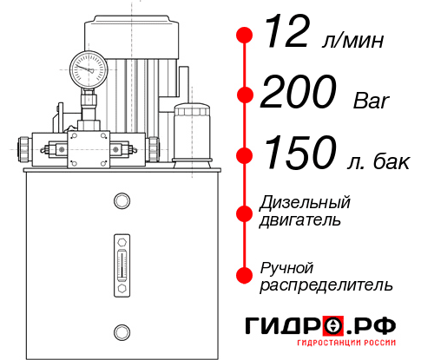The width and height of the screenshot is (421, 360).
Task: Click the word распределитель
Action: point(326,285)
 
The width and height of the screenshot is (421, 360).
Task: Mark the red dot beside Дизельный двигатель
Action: point(245,211)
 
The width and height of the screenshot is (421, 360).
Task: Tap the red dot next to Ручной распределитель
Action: point(245,275)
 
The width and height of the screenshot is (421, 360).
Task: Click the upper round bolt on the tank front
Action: point(122,202)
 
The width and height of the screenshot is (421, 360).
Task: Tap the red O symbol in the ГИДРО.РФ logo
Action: point(333,326)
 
